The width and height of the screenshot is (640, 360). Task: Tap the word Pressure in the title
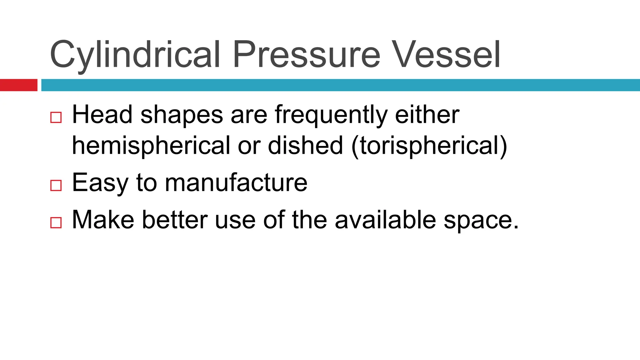[307, 55]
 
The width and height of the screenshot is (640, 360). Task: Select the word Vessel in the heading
[447, 55]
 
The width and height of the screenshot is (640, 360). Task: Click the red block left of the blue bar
[18, 85]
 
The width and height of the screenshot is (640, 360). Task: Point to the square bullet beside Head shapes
[56, 117]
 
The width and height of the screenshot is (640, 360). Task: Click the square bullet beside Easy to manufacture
[56, 185]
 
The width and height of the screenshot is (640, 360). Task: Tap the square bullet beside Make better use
[56, 222]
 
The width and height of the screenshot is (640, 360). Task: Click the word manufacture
[236, 183]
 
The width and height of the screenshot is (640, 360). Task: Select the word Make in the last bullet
[103, 220]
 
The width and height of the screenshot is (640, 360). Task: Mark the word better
[175, 220]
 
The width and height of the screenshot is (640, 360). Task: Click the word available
[385, 220]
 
